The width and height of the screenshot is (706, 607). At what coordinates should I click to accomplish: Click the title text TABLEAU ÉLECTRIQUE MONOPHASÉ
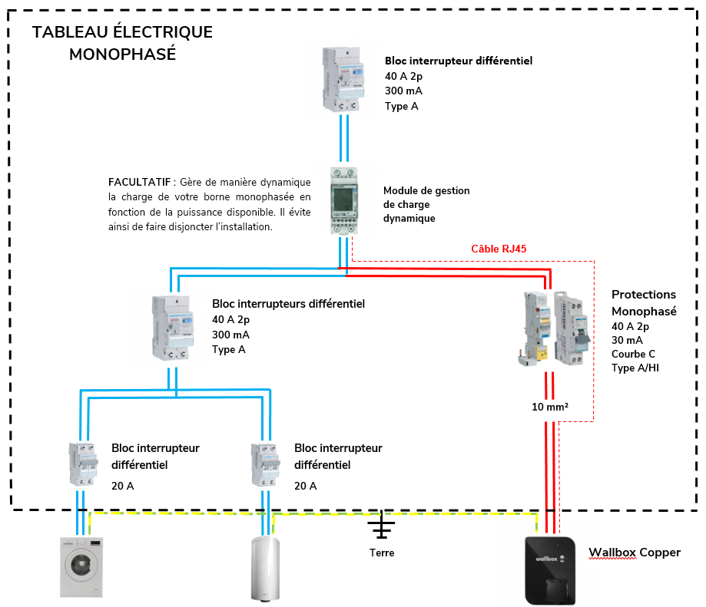pyautogui.click(x=122, y=43)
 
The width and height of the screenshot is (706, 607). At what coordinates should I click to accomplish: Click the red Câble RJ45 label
pyautogui.click(x=498, y=249)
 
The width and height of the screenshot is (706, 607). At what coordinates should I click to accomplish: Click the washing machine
pyautogui.click(x=81, y=566)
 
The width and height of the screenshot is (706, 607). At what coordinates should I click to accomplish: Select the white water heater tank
pyautogui.click(x=266, y=567)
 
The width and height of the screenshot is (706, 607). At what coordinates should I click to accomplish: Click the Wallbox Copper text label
pyautogui.click(x=634, y=553)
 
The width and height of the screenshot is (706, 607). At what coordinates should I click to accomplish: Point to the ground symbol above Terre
pyautogui.click(x=381, y=526)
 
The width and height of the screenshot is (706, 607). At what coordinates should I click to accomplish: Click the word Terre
pyautogui.click(x=381, y=553)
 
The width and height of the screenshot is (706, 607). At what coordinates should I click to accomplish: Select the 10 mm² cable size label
pyautogui.click(x=549, y=407)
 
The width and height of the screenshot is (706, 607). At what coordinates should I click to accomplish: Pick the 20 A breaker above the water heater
pyautogui.click(x=265, y=463)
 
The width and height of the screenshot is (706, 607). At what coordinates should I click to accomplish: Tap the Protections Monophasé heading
pyautogui.click(x=644, y=303)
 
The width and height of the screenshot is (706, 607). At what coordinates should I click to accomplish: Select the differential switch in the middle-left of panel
pyautogui.click(x=173, y=328)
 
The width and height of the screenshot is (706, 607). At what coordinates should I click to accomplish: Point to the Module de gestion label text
pyautogui.click(x=426, y=190)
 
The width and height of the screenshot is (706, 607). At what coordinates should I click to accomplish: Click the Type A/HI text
pyautogui.click(x=635, y=368)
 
